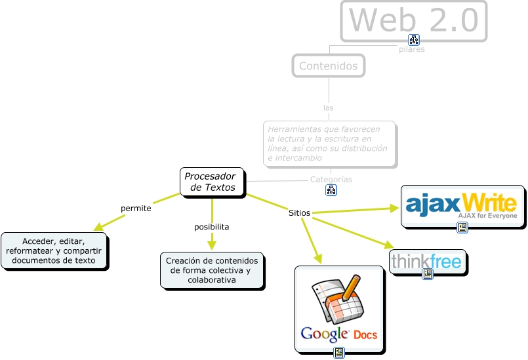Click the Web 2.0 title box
coord(414,20)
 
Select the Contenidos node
coord(328,66)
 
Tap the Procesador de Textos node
coord(212,182)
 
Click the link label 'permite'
coord(136,209)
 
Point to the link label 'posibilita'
coord(211,227)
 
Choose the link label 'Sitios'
coord(299,212)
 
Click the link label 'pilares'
coord(411,49)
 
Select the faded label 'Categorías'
coord(331,179)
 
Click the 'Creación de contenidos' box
coord(213,270)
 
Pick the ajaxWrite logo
coord(462,205)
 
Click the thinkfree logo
coord(427,261)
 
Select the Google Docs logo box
coord(338,309)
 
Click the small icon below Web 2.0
coord(413,39)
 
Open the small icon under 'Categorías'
coord(331,190)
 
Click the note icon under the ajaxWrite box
coord(462,228)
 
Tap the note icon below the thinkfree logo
coord(428,274)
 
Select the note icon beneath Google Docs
coord(339,353)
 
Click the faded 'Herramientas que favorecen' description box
coord(329,143)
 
